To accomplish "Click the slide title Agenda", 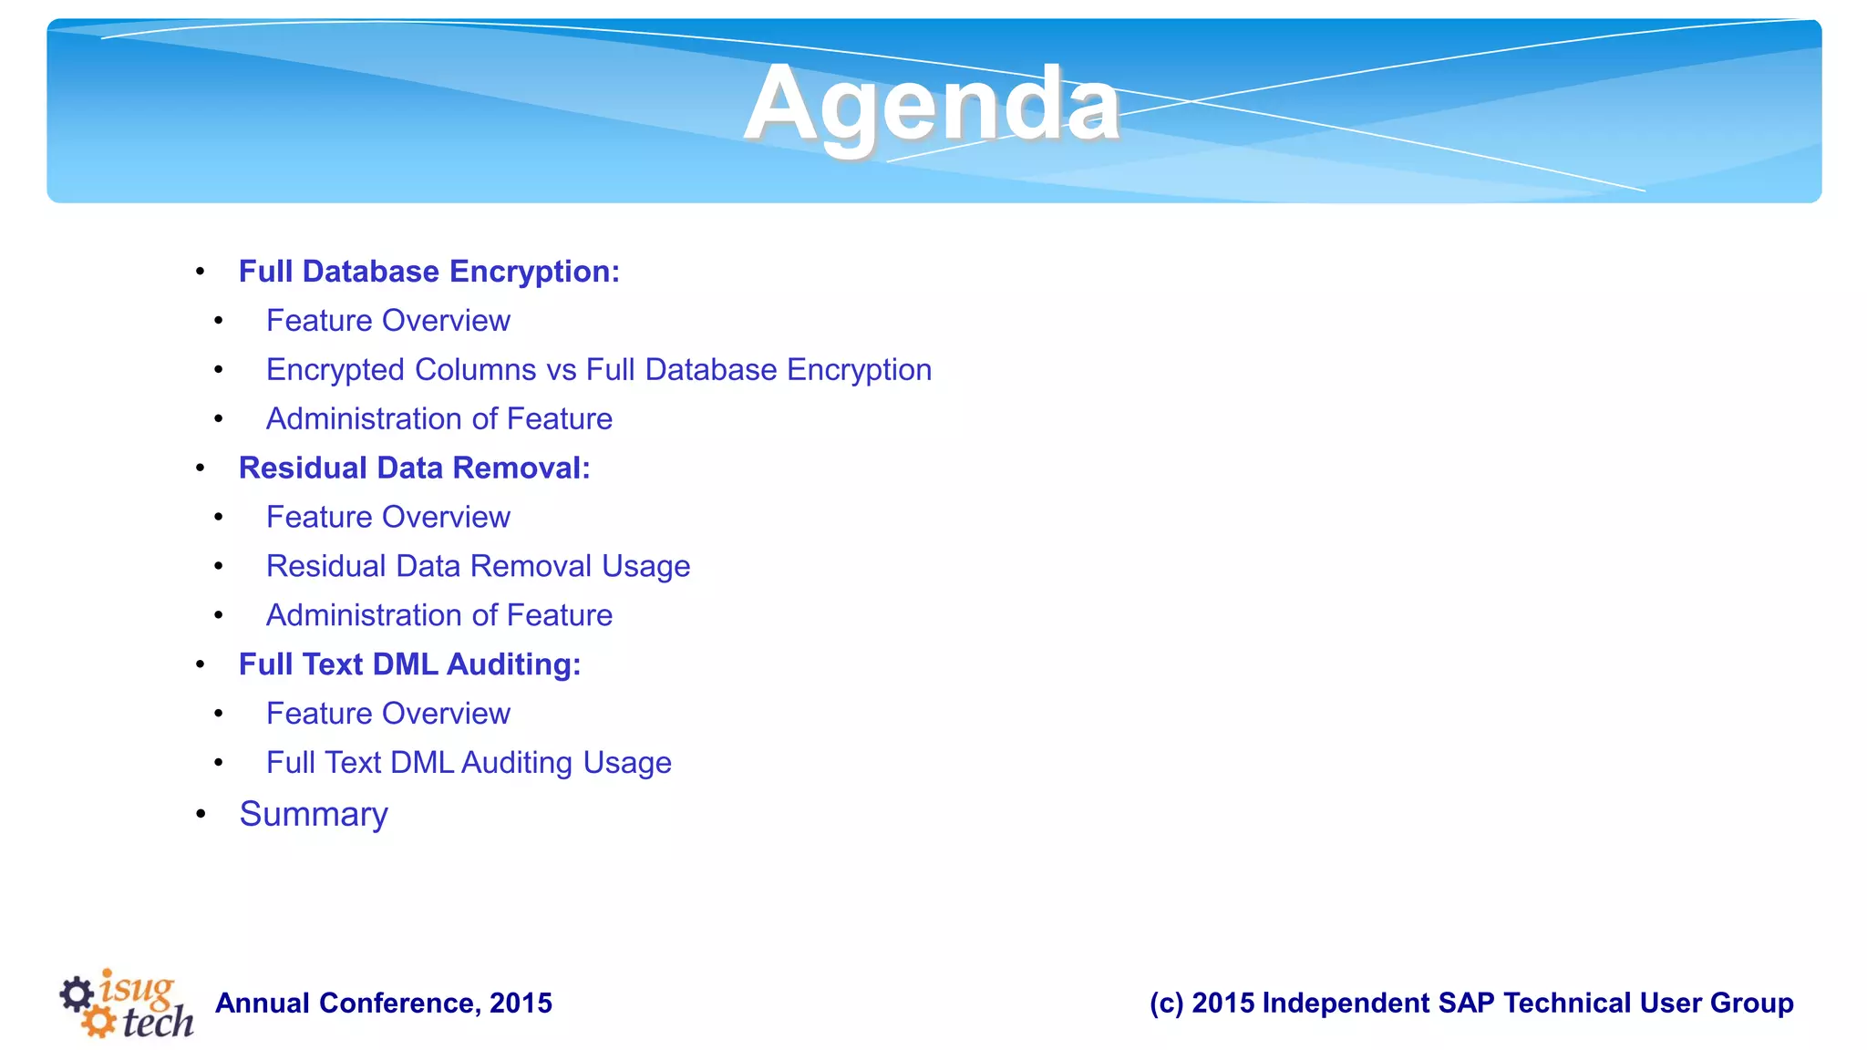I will coord(931,104).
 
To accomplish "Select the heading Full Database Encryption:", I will coord(428,272).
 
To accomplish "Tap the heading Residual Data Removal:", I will coord(414,468).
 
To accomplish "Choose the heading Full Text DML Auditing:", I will coord(409,664).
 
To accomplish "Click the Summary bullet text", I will coord(313,814).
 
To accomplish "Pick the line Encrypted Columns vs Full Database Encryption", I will coord(598,370).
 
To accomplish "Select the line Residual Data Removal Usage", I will coord(478,566).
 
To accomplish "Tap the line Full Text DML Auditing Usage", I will coord(469,763).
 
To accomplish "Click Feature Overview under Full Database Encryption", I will coord(387,321).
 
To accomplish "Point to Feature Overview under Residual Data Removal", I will coord(387,517).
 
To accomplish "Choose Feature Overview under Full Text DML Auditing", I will coord(387,714).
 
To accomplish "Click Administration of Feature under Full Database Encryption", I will coord(438,419).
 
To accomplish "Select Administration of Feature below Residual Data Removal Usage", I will coord(438,615).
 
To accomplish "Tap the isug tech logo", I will coord(128,1004).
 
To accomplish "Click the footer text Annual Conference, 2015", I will coord(383,1004).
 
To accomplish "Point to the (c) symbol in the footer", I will coord(1166,1004).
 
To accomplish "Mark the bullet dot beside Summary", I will coord(201,814).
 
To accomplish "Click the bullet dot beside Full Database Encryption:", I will coord(201,272).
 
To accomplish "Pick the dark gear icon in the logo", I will coord(77,993).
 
